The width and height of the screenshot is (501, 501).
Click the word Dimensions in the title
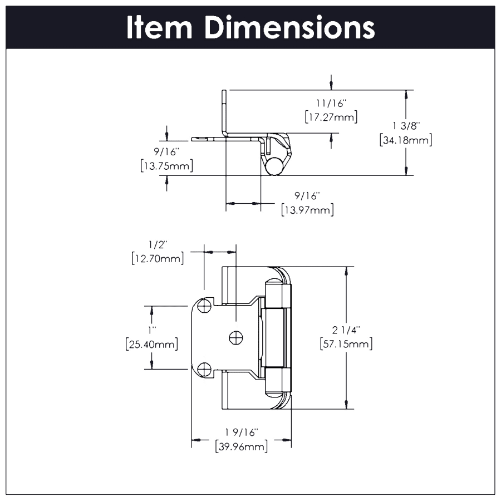(289, 27)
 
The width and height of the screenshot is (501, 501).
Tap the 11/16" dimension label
(331, 104)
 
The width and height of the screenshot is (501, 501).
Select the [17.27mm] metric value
(331, 117)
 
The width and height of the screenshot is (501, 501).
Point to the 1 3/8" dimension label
(406, 127)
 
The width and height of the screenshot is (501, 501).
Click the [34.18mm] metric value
(406, 140)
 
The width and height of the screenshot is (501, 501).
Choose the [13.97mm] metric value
(307, 210)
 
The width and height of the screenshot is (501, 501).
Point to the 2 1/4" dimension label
(346, 331)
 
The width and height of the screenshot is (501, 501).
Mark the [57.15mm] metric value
(346, 344)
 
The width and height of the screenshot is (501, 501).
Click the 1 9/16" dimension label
(241, 433)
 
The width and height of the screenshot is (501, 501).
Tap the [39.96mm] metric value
(241, 446)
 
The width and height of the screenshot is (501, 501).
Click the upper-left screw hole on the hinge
(205, 306)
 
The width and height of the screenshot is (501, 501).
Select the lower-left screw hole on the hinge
(205, 368)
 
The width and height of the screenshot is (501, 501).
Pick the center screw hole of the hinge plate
(236, 337)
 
